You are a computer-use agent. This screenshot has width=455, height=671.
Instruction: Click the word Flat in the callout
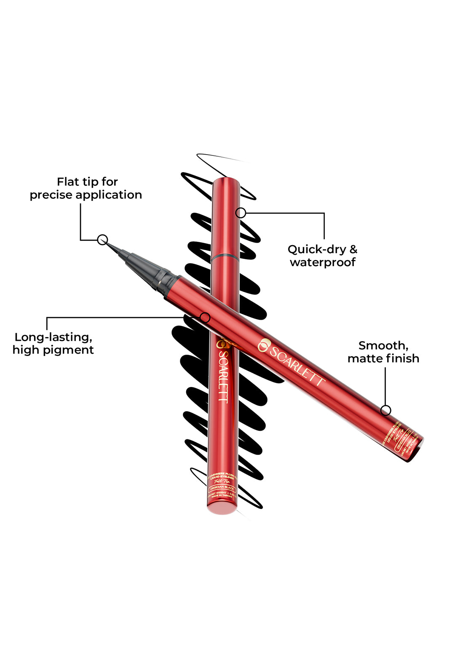tap(67, 182)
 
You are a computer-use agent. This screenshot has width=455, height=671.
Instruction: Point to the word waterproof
tap(323, 262)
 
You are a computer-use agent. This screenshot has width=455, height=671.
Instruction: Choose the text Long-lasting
tap(54, 337)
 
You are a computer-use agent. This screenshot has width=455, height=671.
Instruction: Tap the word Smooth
tap(383, 345)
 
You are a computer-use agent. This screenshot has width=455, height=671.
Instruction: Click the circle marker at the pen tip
tap(102, 240)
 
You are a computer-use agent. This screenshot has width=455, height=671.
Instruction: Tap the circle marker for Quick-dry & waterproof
tap(241, 213)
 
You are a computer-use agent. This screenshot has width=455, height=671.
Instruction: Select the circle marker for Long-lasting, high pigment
tap(205, 318)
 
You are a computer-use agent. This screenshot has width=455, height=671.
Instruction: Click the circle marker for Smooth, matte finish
tap(385, 410)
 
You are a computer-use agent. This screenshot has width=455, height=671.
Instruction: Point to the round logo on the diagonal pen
tap(264, 345)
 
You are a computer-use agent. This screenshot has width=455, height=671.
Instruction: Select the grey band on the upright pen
tap(226, 256)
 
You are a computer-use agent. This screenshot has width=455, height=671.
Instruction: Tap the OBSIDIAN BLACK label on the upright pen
tap(222, 487)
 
